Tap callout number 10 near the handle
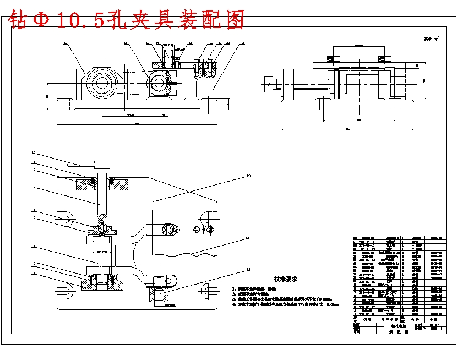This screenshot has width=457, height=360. [34, 152]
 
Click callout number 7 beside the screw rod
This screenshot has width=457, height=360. [34, 187]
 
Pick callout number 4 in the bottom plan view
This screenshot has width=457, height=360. [34, 246]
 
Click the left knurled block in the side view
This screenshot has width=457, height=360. [332, 58]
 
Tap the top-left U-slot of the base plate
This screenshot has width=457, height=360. [65, 219]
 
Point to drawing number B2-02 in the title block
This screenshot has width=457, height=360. [433, 325]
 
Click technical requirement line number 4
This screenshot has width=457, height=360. [286, 303]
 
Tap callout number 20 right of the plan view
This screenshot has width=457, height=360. [248, 176]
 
